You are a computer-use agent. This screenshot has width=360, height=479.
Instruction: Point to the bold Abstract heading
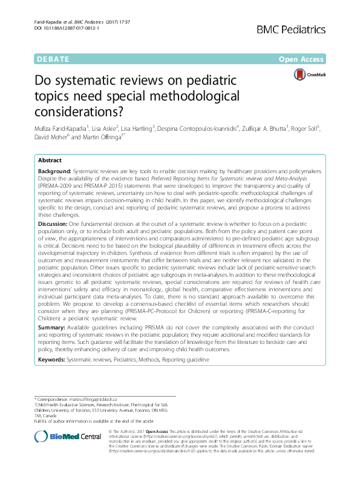click(50, 160)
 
